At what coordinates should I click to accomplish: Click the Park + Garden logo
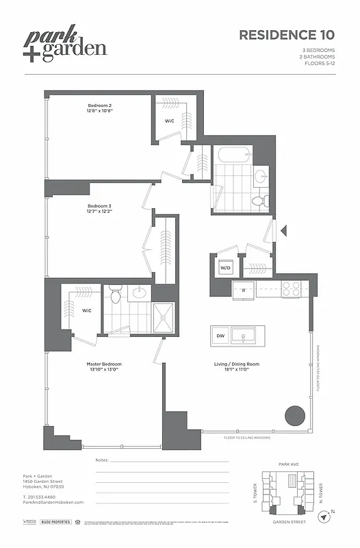coord(67,45)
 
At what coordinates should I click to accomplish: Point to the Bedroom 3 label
coord(99,208)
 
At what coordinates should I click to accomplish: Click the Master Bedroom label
coord(103,366)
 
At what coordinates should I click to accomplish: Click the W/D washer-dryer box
coord(224,268)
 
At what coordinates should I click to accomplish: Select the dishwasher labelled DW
coord(220,336)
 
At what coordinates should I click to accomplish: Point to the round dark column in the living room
coord(295,416)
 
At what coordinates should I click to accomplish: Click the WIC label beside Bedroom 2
coord(169,121)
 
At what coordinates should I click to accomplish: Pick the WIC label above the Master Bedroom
coord(87,310)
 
